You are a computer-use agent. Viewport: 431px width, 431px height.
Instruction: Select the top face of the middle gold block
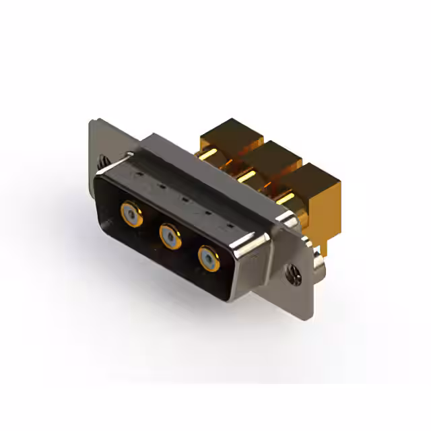272,153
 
